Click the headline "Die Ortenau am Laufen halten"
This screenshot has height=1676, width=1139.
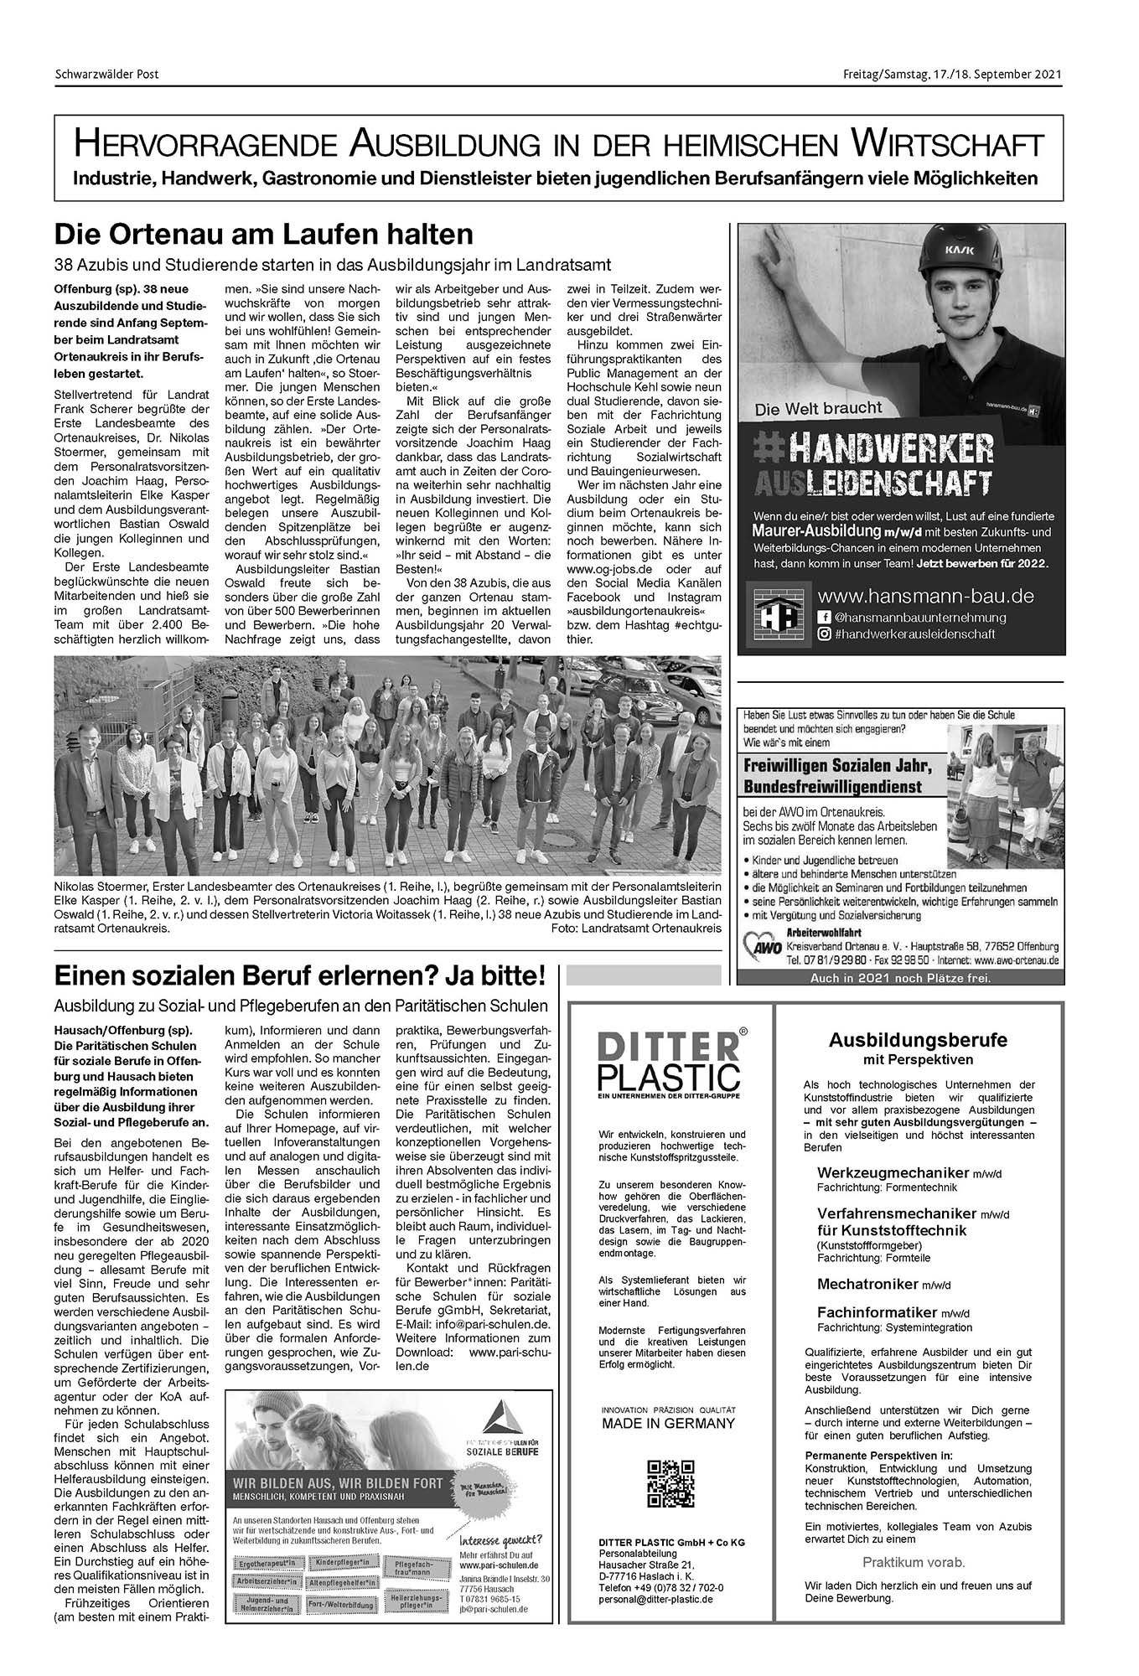click(x=264, y=233)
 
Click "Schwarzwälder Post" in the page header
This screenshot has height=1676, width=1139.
click(x=106, y=74)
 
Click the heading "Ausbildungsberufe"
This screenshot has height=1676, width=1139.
click(x=918, y=1040)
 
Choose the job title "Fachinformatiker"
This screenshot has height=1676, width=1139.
click(x=878, y=1312)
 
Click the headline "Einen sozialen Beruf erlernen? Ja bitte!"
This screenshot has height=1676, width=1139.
click(x=300, y=976)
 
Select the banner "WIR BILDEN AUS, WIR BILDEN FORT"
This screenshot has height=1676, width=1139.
click(x=339, y=1483)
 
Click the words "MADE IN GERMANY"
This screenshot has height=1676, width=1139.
click(x=668, y=1423)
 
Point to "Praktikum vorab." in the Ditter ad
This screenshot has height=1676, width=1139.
click(x=914, y=1562)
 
